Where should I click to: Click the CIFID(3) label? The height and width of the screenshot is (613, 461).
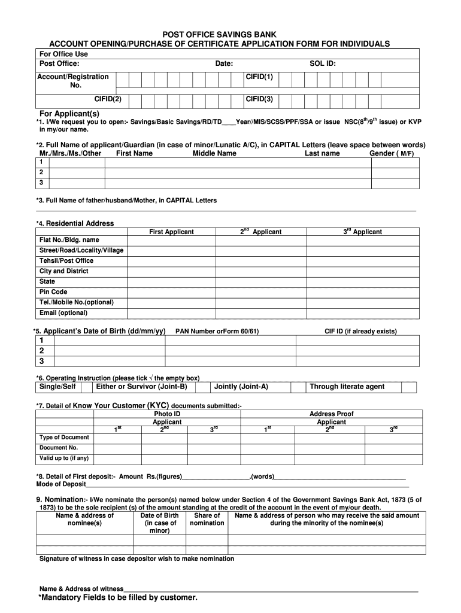259,99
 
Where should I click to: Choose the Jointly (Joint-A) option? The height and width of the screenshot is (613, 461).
241,387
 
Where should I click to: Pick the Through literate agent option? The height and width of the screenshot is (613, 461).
347,387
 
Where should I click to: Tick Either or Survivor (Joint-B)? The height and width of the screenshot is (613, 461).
138,387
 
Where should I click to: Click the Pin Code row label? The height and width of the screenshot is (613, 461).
53,292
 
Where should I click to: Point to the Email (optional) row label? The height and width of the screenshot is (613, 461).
63,313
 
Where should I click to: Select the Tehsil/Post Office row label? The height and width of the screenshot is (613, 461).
66,261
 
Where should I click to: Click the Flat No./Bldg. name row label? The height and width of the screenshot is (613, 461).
69,240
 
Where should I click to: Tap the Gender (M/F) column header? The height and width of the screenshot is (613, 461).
392,153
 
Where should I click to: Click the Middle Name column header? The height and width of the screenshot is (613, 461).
214,153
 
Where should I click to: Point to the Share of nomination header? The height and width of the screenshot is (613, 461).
207,519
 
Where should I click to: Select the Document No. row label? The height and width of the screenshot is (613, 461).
59,448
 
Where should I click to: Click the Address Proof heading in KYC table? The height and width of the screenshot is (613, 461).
331,414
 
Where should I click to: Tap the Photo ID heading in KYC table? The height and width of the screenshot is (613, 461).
167,414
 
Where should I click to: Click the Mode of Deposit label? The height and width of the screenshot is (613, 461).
61,484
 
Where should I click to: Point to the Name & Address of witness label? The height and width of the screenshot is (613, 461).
81,588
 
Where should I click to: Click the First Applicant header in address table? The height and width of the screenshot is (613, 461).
171,232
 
